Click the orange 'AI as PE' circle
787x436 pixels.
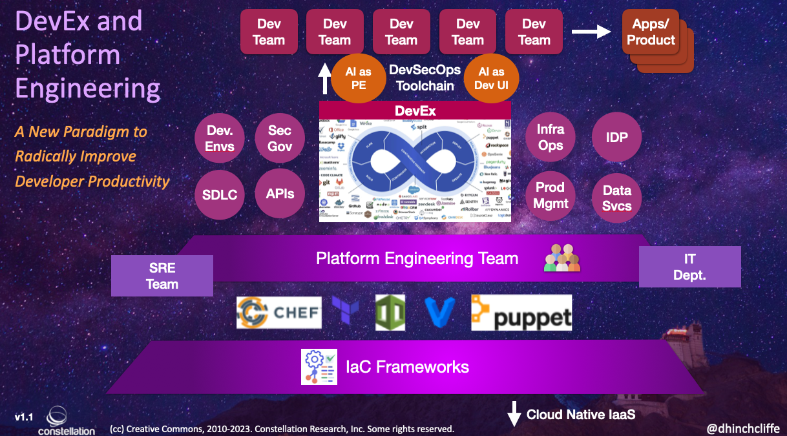pos(358,78)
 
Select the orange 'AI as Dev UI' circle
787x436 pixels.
pos(491,78)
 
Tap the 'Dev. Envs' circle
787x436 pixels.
pos(220,138)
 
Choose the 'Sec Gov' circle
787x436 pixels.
pos(280,138)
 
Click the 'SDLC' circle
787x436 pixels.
pos(220,194)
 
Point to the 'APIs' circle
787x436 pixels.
pos(280,193)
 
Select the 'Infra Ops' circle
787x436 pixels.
pos(551,137)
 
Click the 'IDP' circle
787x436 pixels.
pos(616,137)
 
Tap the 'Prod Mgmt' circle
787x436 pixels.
pos(551,195)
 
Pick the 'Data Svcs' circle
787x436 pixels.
pos(616,198)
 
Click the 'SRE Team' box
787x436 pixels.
pos(162,276)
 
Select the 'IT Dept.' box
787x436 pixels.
pos(689,267)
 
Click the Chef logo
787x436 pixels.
pos(278,313)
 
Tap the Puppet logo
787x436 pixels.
pos(521,313)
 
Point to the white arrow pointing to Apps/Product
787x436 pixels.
pos(593,31)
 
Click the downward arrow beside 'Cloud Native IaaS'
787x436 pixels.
pos(514,414)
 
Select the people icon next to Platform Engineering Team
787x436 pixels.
pos(561,258)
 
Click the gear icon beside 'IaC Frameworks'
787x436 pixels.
pos(319,367)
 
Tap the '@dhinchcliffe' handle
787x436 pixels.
pos(743,428)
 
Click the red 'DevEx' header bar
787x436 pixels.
pos(415,110)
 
